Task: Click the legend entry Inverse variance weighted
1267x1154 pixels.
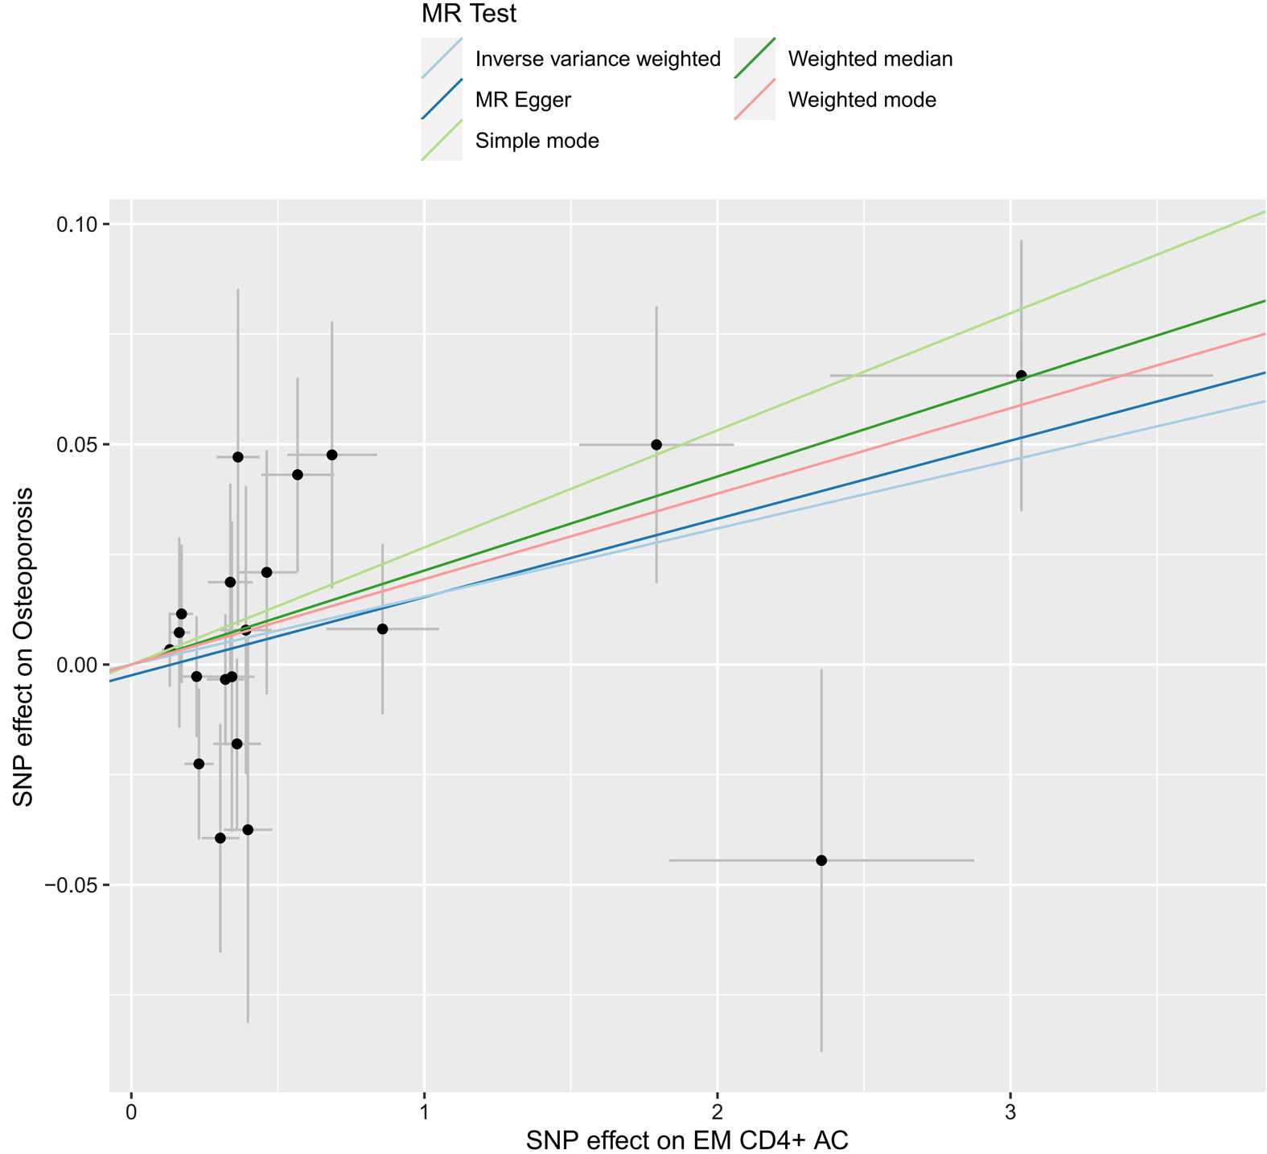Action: click(x=598, y=59)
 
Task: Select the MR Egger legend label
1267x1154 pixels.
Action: click(x=523, y=100)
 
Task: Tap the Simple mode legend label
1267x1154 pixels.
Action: click(x=537, y=141)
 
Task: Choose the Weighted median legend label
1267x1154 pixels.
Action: click(x=870, y=59)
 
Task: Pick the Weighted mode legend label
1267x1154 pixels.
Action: click(x=862, y=100)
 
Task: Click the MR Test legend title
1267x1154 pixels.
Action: click(x=469, y=14)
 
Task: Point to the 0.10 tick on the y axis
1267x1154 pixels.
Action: click(x=81, y=224)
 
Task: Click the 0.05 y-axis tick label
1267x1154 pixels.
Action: click(x=81, y=444)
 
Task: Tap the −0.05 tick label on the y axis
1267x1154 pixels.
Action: click(x=76, y=885)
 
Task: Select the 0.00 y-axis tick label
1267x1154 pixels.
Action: click(x=81, y=665)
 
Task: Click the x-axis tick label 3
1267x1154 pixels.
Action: click(x=1010, y=1111)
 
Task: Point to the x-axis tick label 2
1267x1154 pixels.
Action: click(x=718, y=1111)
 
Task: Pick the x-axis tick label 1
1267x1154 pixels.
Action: click(x=425, y=1111)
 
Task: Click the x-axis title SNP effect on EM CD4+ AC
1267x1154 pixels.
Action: click(x=687, y=1140)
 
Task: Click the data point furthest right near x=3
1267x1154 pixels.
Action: click(x=1022, y=375)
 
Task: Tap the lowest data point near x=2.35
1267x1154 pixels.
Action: click(x=821, y=860)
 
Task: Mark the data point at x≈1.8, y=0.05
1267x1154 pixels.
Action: click(x=656, y=444)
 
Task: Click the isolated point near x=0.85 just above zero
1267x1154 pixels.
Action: click(x=382, y=629)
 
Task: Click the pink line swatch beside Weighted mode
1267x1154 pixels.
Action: click(x=755, y=100)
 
